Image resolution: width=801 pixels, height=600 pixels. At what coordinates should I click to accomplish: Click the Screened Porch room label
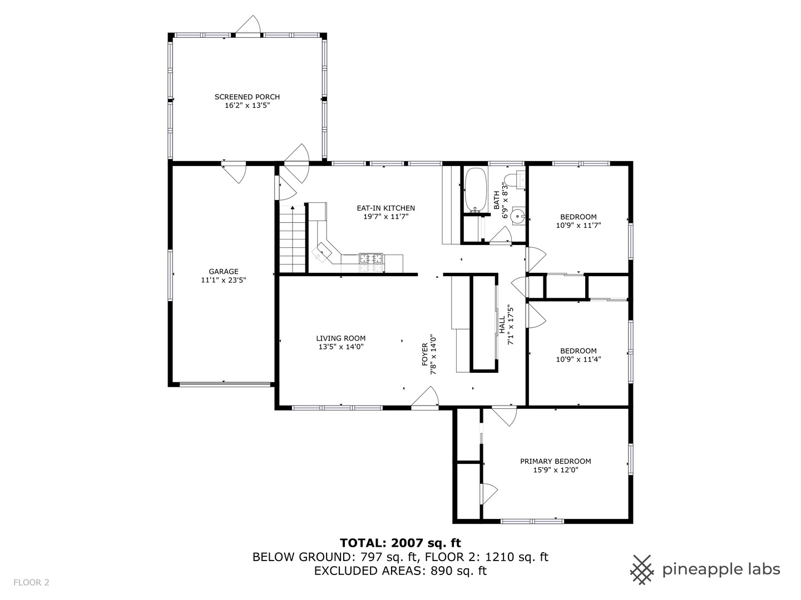[247, 97]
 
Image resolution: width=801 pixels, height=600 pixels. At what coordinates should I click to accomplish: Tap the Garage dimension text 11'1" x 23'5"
[223, 280]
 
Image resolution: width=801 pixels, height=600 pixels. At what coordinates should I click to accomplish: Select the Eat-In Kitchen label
[385, 208]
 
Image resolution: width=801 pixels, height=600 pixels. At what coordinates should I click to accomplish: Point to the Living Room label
[341, 338]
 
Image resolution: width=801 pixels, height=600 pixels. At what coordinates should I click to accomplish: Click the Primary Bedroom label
[555, 461]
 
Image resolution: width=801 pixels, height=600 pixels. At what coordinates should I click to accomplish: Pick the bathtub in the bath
[476, 189]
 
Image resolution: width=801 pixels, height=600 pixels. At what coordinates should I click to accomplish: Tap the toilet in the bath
[515, 180]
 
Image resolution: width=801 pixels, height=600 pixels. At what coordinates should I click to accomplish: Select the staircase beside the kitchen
[292, 239]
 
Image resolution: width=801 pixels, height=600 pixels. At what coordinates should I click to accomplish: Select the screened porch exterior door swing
[248, 25]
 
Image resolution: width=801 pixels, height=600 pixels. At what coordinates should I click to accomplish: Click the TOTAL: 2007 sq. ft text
[400, 543]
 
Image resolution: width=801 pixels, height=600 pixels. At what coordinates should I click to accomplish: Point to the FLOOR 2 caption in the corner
[31, 583]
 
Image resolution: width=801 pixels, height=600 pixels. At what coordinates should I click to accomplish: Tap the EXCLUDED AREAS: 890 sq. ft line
[400, 571]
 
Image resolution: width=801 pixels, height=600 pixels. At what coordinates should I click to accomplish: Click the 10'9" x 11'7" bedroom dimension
[578, 225]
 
